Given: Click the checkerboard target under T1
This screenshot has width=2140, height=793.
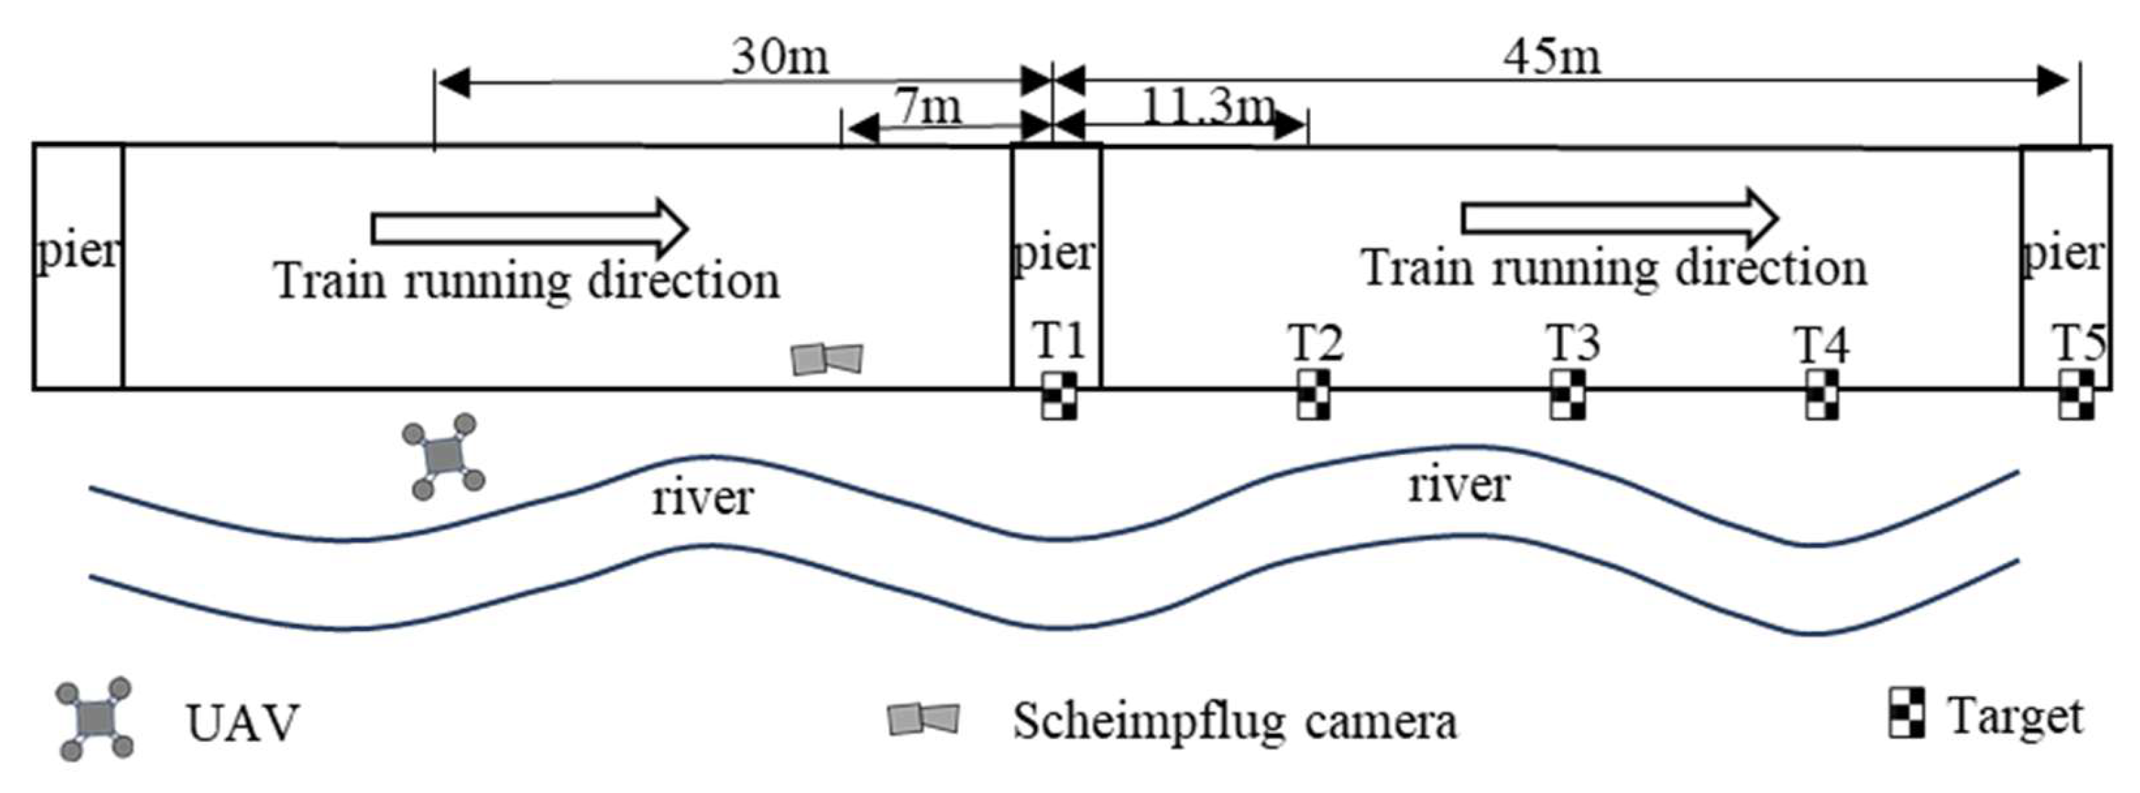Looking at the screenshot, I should [1059, 395].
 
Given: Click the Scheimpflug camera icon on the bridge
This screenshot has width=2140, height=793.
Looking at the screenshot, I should [826, 359].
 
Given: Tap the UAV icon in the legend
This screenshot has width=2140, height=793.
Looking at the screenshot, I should [95, 718].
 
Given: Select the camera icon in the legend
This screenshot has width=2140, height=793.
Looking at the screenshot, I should [923, 719].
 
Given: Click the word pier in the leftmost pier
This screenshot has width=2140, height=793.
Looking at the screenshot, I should [78, 250].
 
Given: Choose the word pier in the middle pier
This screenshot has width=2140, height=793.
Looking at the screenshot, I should [1055, 251].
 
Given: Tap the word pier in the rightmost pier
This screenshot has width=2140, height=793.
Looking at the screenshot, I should [2064, 251].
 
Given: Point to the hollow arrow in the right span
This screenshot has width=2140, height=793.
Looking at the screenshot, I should [1619, 217].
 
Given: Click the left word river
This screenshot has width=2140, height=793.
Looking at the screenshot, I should [703, 498].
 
